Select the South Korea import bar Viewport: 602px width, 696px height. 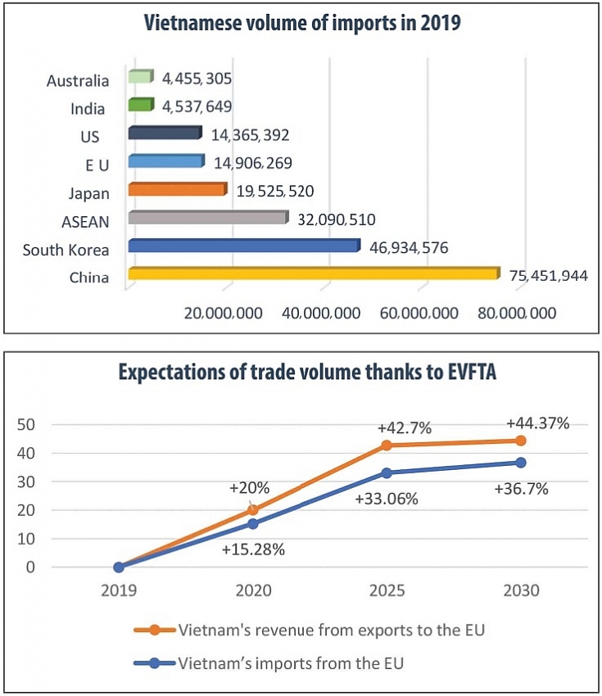pos(244,246)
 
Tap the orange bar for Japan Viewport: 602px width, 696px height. pos(176,189)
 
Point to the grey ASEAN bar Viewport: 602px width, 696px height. pos(208,218)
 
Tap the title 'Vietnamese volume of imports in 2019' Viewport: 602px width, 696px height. pos(301,24)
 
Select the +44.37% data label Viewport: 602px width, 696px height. pos(537,423)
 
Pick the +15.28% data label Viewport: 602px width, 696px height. pos(253,549)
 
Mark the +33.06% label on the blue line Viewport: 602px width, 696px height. pos(387,498)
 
